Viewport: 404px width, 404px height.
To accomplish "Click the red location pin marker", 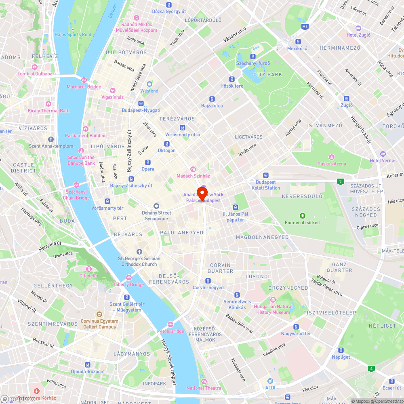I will (x=202, y=194).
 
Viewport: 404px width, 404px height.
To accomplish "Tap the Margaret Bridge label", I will (x=84, y=87).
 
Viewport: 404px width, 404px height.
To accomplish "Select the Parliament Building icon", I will (x=85, y=128).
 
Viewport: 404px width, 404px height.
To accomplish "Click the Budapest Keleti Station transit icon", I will (x=265, y=175).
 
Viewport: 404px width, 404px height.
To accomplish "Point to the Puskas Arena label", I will (x=332, y=164).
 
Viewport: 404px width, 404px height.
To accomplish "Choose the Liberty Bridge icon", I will (x=129, y=277).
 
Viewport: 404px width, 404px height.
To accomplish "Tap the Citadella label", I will (x=88, y=276).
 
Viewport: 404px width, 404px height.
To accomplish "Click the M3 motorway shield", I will (x=305, y=27).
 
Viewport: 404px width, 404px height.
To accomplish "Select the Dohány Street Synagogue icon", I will (x=156, y=206).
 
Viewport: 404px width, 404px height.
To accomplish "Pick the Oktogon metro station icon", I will (x=166, y=144).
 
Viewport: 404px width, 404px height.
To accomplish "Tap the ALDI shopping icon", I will (x=270, y=381).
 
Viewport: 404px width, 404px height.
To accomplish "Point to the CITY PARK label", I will (x=268, y=74).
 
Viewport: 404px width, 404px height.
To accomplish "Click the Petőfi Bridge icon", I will (x=170, y=324).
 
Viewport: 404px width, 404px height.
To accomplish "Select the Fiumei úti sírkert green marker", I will (x=303, y=216).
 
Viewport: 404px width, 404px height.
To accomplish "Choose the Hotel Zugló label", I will (x=358, y=35).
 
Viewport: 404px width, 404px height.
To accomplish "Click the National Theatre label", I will (x=204, y=388).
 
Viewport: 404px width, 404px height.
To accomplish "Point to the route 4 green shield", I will (x=370, y=368).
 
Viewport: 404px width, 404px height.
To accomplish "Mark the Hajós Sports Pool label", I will (x=73, y=34).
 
